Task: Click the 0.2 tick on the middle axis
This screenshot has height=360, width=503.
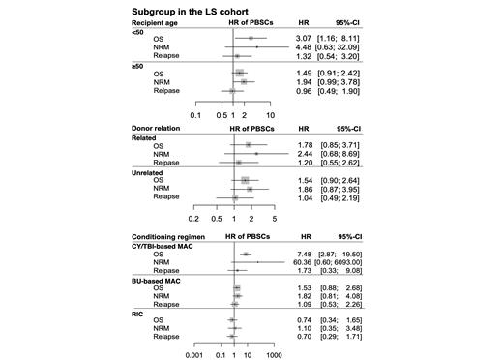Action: coord(194,219)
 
